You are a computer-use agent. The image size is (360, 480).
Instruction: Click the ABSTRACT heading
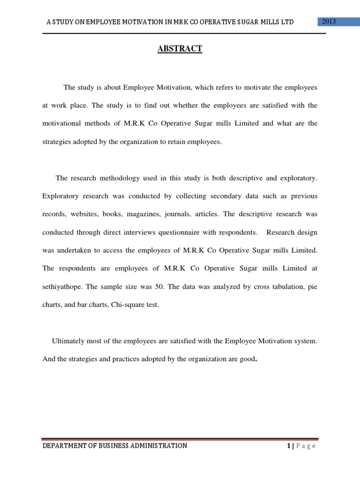click(180, 49)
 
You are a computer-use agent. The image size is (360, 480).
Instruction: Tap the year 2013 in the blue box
click(328, 22)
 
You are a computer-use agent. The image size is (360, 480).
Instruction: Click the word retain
click(173, 141)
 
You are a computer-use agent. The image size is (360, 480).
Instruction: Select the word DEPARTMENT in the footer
click(65, 446)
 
